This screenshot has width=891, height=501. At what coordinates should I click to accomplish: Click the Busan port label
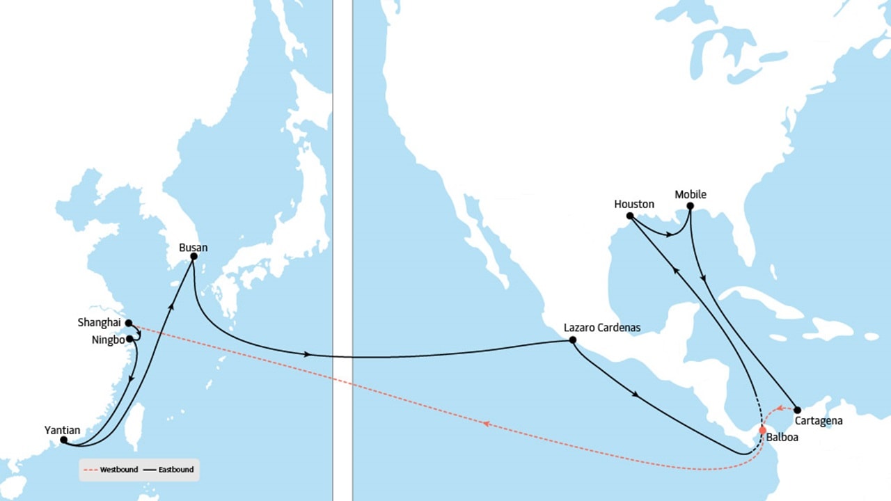pos(193,247)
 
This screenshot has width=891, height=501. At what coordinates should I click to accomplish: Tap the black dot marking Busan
pos(194,256)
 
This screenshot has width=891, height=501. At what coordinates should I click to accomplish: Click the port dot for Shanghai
pos(129,323)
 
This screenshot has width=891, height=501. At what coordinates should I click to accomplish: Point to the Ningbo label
pos(108,340)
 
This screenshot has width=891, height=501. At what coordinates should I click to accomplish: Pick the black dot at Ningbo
pos(129,339)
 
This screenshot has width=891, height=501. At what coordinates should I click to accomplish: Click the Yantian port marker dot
pos(63,440)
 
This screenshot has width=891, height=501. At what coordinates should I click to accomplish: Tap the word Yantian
pos(61,430)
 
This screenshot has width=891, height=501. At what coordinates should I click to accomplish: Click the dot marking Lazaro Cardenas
pos(572,340)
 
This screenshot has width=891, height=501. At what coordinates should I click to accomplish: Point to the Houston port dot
pos(629,216)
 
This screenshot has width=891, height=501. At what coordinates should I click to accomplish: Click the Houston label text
pos(634,204)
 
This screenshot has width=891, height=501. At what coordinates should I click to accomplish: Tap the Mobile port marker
pos(690,206)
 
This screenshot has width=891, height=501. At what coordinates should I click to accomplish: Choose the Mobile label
pos(690,194)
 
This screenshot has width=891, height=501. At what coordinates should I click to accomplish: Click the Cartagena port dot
pos(797,410)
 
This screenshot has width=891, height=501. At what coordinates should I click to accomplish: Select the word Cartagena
pos(819,421)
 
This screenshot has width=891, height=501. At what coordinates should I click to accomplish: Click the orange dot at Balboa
pos(762,429)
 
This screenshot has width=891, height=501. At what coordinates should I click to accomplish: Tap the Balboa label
pos(782,438)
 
